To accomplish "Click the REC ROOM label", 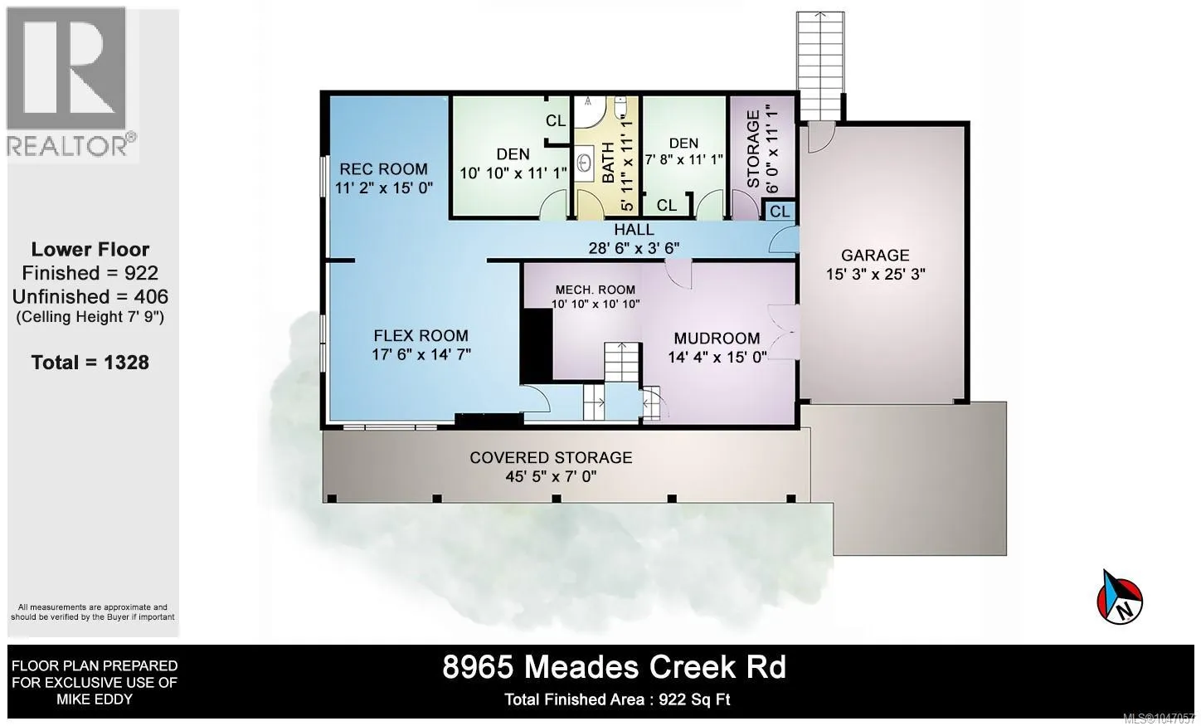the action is click(x=384, y=169).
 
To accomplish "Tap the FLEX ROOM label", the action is click(x=421, y=336).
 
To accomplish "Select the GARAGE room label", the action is click(x=875, y=256).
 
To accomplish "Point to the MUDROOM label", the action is click(x=717, y=339).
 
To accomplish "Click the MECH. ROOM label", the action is click(x=596, y=290).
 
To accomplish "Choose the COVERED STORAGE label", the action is click(x=552, y=457).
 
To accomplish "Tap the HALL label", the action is click(x=634, y=230).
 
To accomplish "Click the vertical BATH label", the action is click(x=608, y=163).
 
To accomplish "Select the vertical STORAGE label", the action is click(x=753, y=149).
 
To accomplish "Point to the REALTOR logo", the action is click(x=72, y=83).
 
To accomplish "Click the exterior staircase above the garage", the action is click(x=820, y=66).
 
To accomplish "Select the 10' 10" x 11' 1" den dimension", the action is click(x=513, y=173).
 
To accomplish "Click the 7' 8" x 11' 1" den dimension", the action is click(x=683, y=159).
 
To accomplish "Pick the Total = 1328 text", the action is click(x=90, y=363).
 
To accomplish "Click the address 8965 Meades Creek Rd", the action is click(x=614, y=668).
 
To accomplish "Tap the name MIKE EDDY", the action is click(x=95, y=699).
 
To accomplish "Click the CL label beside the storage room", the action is click(x=780, y=212).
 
